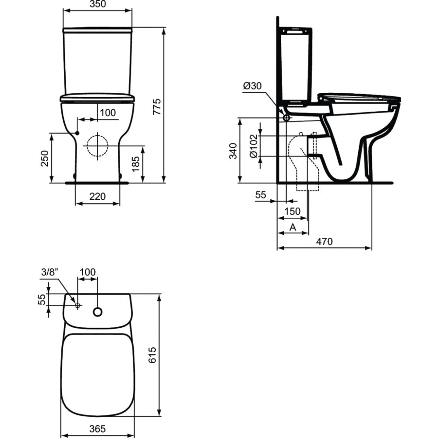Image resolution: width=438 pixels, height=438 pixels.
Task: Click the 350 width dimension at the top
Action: [x=98, y=4]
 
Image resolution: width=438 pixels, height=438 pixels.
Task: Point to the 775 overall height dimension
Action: [x=158, y=106]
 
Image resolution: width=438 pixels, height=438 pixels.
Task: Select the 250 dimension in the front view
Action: [x=45, y=159]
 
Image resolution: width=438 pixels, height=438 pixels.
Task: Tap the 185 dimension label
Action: [x=135, y=164]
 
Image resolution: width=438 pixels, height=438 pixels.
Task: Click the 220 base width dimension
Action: [x=98, y=196]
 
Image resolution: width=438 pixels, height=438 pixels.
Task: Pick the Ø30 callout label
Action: [x=252, y=86]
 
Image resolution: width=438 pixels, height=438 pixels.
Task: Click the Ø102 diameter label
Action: [x=254, y=146]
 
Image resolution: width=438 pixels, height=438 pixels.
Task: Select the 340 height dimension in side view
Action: [x=233, y=151]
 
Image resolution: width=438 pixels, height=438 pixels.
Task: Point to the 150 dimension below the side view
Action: [x=292, y=211]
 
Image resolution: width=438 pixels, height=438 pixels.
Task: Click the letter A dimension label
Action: [x=293, y=227]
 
